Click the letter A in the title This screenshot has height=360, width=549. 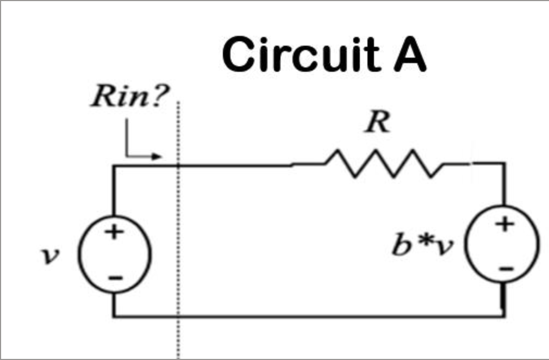[x=409, y=55]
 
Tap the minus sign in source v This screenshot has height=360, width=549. [x=114, y=278]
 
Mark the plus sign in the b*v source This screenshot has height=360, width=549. [x=505, y=224]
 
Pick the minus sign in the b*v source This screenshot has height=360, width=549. [x=506, y=268]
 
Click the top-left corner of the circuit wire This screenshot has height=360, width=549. [x=114, y=165]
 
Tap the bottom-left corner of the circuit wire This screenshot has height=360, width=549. [x=114, y=315]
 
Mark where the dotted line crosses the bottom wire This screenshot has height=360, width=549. [x=178, y=315]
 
